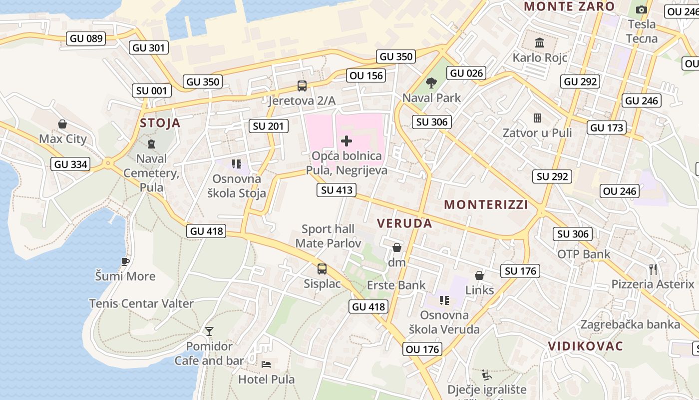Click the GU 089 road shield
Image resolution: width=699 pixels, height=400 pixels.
86,38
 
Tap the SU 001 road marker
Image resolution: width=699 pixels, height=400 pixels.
152,90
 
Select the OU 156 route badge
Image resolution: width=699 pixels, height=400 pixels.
366,75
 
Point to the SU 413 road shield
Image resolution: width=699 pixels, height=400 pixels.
337,190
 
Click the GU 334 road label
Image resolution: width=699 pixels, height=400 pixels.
70,164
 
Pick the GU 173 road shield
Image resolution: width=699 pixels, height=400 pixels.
607,127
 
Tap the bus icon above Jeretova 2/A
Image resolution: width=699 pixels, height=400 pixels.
302,85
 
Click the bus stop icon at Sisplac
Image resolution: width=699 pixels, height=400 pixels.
322,269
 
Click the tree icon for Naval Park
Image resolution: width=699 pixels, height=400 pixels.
431,82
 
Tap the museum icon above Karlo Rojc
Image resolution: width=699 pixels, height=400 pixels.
540,42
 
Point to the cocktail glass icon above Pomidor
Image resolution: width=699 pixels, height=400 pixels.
209,331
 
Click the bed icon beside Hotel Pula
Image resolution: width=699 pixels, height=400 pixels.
267,364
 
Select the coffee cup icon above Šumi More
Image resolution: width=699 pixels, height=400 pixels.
125,261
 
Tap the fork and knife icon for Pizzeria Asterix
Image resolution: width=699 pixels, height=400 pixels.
653,269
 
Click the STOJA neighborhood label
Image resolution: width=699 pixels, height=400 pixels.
160,123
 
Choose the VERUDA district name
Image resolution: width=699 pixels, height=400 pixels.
404,223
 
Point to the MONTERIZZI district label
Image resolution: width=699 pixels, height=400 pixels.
486,204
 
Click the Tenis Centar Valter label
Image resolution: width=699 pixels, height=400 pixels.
141,303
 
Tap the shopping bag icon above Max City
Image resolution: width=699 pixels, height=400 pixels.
62,123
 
